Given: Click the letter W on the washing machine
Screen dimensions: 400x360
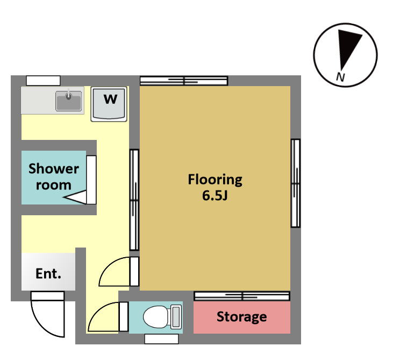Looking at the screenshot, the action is [x=110, y=99].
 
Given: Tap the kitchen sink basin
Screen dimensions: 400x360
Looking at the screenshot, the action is [x=69, y=101].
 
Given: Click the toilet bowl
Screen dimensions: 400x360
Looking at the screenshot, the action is [x=155, y=317].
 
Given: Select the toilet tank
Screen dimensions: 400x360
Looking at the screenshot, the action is [x=176, y=317].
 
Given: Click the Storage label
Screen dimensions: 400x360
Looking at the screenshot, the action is [x=242, y=317].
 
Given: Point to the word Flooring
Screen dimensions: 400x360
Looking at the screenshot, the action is [x=215, y=180].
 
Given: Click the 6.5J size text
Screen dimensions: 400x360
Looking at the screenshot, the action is [x=215, y=195].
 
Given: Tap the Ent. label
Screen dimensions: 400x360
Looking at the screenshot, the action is [x=48, y=273].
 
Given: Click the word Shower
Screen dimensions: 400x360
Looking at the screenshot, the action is [x=54, y=168].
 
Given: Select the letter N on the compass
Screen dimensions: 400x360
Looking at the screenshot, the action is [x=340, y=76].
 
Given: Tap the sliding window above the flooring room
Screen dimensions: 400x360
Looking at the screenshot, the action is [x=184, y=81].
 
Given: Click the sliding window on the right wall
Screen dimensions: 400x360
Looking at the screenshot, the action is [x=296, y=183].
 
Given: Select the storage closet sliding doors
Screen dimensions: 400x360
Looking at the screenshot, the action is [x=242, y=296].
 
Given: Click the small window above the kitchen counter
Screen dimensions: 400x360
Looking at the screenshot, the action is [x=44, y=81].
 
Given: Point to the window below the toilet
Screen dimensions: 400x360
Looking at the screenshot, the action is [x=161, y=339].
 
